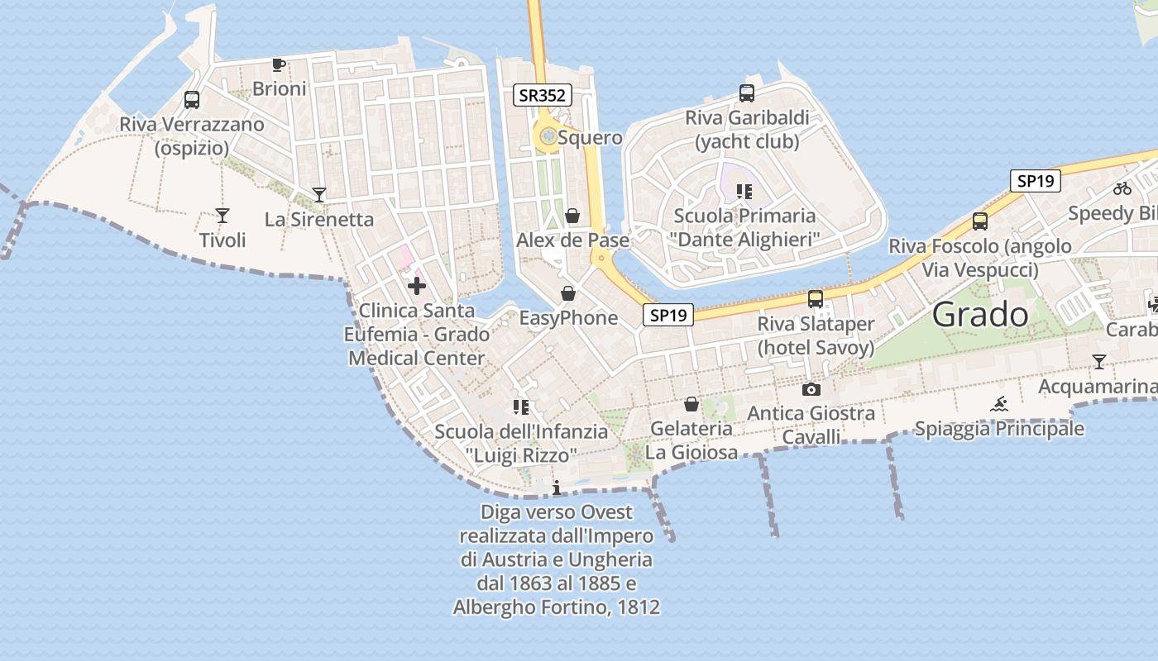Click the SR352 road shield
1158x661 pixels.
pyautogui.click(x=542, y=95)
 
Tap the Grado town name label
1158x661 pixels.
pyautogui.click(x=980, y=314)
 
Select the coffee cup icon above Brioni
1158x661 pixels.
pyautogui.click(x=279, y=64)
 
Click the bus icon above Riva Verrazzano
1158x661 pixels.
pyautogui.click(x=192, y=100)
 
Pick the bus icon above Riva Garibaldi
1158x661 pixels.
pyautogui.click(x=747, y=93)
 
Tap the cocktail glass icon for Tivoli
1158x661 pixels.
pyautogui.click(x=223, y=216)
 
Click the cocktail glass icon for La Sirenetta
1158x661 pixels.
pyautogui.click(x=319, y=195)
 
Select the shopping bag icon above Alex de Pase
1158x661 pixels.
pyautogui.click(x=572, y=216)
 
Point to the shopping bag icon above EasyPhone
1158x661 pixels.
pyautogui.click(x=568, y=293)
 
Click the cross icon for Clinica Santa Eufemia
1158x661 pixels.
pyautogui.click(x=417, y=286)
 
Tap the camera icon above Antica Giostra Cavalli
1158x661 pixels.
pyautogui.click(x=811, y=389)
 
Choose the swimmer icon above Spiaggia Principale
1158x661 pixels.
pyautogui.click(x=999, y=404)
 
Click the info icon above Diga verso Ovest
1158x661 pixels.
pyautogui.click(x=557, y=487)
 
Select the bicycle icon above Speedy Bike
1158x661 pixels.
pyautogui.click(x=1122, y=188)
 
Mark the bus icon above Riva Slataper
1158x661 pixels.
pyautogui.click(x=816, y=299)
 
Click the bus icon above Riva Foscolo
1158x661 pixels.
pyautogui.click(x=980, y=221)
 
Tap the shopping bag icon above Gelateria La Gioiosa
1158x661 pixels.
pyautogui.click(x=691, y=404)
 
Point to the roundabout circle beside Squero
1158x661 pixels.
pyautogui.click(x=547, y=137)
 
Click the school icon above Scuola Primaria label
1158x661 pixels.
pyautogui.click(x=744, y=192)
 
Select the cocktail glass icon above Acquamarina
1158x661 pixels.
pyautogui.click(x=1098, y=362)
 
